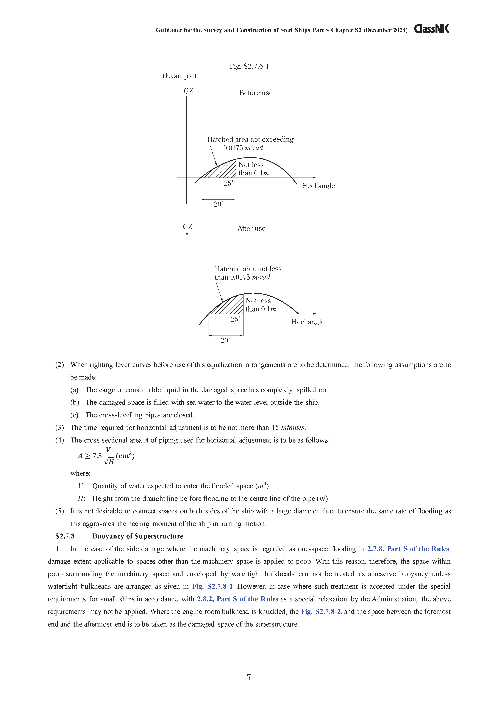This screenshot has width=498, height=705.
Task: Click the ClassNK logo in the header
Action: (x=431, y=29)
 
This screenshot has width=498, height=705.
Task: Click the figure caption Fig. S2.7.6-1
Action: (x=249, y=66)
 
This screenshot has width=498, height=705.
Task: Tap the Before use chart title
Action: (x=256, y=93)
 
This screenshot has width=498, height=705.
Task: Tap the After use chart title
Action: (x=251, y=228)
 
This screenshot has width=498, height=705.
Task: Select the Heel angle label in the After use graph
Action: (x=308, y=322)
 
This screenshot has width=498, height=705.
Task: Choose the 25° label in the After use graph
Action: (x=235, y=319)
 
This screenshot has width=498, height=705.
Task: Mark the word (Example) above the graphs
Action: (x=179, y=76)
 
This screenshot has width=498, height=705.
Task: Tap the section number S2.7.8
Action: (x=65, y=536)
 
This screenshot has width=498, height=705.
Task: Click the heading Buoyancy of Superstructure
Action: (x=138, y=536)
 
